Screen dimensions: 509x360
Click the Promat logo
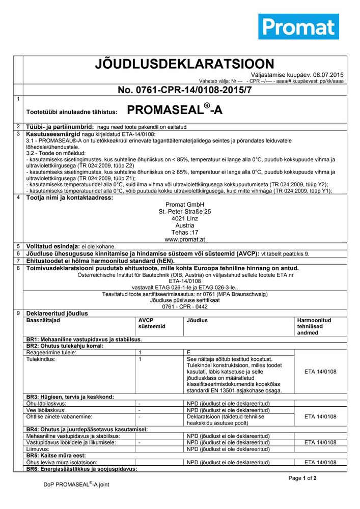coord(298,26)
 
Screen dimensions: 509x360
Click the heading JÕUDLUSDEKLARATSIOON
coord(184,64)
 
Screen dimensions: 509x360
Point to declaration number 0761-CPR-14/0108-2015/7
coord(184,90)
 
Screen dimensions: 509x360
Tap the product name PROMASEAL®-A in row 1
coord(174,110)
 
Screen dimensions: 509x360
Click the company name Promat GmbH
coord(184,205)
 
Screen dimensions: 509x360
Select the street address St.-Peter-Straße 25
coord(184,211)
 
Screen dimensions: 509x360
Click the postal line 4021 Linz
coord(184,218)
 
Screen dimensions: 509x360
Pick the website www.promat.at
coord(184,239)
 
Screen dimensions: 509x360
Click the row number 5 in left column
coord(18,246)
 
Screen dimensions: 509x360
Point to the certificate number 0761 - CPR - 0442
coord(184,307)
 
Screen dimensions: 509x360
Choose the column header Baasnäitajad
coord(43,321)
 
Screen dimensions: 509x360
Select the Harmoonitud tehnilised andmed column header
coord(314,326)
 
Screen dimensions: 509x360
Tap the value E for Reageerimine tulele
coord(188,352)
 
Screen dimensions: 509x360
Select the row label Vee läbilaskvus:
coord(46,410)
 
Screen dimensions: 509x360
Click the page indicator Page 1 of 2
coord(302,478)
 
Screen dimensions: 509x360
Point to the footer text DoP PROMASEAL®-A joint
coord(76,484)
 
